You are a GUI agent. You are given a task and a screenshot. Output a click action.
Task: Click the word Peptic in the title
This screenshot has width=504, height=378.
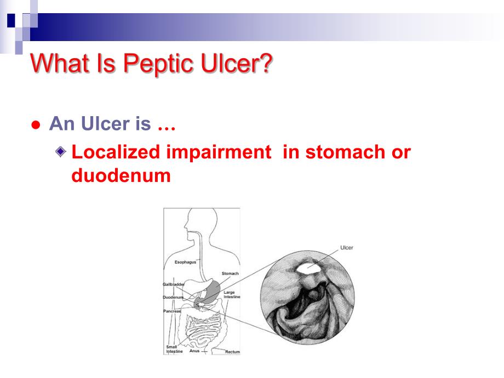click(164, 64)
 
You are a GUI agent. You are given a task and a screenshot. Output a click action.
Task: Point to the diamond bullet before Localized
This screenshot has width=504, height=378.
click(62, 151)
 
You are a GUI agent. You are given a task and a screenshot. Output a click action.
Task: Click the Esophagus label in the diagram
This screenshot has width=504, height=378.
click(185, 262)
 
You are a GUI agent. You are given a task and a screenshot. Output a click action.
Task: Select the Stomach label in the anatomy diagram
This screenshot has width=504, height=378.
click(230, 273)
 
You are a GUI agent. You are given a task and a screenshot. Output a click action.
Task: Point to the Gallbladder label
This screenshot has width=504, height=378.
click(174, 284)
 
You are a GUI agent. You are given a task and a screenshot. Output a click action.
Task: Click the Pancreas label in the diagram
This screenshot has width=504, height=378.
click(172, 311)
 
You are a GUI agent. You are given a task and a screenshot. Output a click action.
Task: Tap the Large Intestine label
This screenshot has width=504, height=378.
click(232, 295)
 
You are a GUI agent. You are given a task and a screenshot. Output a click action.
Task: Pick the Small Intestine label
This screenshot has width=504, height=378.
click(174, 349)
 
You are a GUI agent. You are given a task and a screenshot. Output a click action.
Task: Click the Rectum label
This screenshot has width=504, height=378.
click(232, 352)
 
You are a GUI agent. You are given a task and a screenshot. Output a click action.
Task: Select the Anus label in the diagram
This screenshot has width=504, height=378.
click(194, 351)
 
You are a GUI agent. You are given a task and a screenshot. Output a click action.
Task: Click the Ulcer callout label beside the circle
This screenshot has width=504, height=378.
click(347, 248)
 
